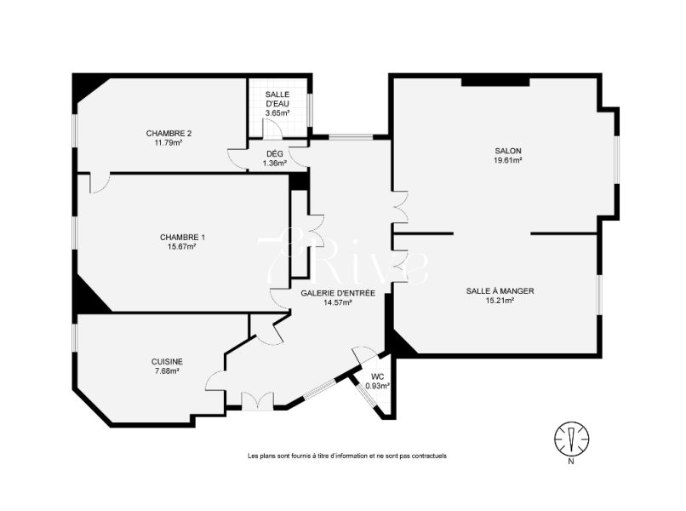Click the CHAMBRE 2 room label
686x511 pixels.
(169, 133)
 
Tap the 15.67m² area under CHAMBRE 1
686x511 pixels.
(182, 246)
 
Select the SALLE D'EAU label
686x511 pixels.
(277, 99)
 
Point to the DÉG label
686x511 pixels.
(275, 153)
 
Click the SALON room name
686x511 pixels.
(507, 151)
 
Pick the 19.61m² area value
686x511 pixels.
(507, 160)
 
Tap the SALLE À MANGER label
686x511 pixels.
(500, 290)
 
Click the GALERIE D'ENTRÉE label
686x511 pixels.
(338, 293)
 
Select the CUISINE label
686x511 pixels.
(167, 362)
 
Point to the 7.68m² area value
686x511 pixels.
(167, 370)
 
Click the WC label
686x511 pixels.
(378, 376)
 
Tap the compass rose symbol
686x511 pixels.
(571, 438)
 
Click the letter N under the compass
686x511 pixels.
(571, 461)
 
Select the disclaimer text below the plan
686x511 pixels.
(347, 456)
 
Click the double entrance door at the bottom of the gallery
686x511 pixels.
(258, 400)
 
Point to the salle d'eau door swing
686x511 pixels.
(272, 129)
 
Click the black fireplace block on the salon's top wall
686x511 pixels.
(495, 82)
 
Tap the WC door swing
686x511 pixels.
(364, 353)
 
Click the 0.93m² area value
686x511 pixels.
(378, 386)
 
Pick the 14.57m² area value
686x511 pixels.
(338, 302)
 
